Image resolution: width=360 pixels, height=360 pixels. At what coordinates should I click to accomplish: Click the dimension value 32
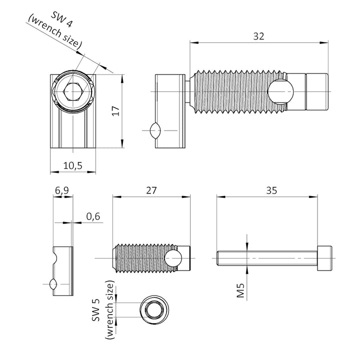[x=258, y=36]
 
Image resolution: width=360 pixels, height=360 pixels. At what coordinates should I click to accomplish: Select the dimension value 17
[x=115, y=111]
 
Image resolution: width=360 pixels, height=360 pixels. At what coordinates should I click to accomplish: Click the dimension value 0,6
[x=93, y=216]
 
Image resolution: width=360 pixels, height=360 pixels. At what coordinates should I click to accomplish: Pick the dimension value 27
[x=151, y=190]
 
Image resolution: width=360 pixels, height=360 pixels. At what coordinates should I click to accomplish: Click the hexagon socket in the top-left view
[x=73, y=92]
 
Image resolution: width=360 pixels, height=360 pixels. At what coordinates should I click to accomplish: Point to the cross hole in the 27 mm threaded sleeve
[x=173, y=257]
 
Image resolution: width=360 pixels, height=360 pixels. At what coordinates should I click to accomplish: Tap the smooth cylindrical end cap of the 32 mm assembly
[x=316, y=92]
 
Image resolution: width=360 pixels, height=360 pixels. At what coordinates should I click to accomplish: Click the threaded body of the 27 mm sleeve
[x=140, y=257]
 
